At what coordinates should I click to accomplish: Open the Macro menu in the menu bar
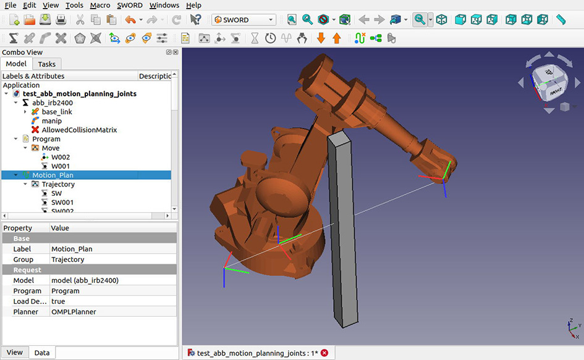click(99, 5)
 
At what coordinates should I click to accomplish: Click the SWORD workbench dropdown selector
click(243, 20)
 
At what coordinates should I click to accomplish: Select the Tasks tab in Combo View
click(46, 64)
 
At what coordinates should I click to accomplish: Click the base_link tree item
click(57, 112)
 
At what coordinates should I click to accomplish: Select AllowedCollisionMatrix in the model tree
click(79, 130)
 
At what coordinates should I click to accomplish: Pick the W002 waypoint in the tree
click(61, 157)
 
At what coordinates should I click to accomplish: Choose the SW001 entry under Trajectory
click(62, 202)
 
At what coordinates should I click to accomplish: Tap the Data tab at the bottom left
click(42, 353)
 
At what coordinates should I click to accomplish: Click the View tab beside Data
click(15, 353)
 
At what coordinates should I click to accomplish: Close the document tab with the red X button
click(324, 353)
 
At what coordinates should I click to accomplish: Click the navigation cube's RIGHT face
click(554, 93)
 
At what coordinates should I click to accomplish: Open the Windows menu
click(164, 5)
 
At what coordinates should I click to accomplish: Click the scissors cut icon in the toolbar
click(80, 20)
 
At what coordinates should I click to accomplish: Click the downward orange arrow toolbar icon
click(321, 38)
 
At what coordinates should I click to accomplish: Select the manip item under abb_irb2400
click(51, 121)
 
